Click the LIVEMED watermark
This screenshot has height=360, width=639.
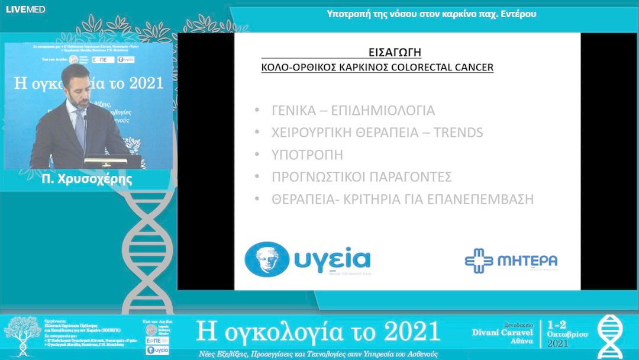click(x=25, y=9)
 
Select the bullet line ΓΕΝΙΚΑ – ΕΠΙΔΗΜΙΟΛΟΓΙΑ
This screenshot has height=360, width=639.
click(x=353, y=111)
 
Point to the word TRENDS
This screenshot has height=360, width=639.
click(x=458, y=133)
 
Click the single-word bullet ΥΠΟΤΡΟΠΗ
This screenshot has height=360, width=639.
click(x=307, y=155)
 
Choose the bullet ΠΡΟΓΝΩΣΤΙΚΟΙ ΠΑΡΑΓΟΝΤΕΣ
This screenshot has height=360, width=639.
click(x=362, y=177)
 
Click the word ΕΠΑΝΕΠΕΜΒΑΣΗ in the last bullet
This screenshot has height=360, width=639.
click(x=484, y=200)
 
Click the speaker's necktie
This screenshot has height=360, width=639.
click(x=79, y=127)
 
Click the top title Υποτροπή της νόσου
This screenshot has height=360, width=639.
click(x=431, y=14)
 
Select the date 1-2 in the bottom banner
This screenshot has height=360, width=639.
click(x=559, y=325)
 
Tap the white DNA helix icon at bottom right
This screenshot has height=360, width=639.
click(x=609, y=336)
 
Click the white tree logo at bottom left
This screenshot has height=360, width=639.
click(x=22, y=335)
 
